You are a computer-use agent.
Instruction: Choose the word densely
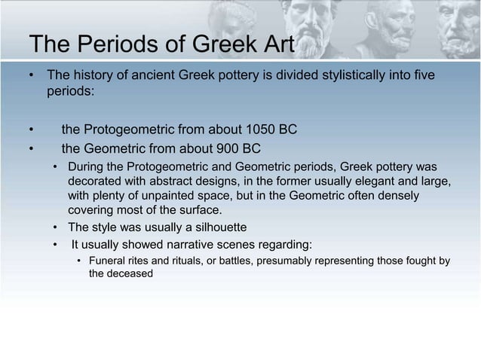(400, 195)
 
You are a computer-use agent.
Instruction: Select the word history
(90, 76)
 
